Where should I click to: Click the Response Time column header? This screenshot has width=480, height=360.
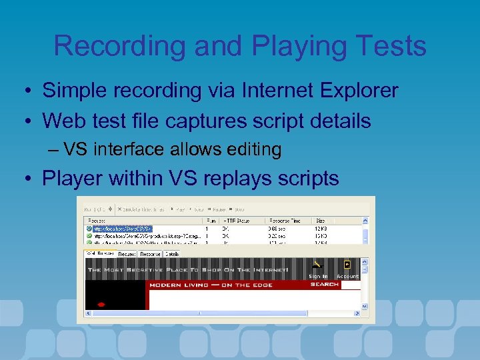[x=285, y=220]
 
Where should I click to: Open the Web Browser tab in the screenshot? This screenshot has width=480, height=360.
[x=100, y=254]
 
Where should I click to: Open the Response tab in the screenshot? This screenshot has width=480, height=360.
[x=150, y=254]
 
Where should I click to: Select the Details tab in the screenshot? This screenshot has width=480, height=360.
[x=172, y=254]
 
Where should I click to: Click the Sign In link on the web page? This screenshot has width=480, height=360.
[x=318, y=276]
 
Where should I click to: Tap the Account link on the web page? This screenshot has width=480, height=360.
[x=347, y=276]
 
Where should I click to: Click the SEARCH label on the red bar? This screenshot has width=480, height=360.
[x=325, y=285]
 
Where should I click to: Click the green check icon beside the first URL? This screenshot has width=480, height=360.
[x=89, y=228]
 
